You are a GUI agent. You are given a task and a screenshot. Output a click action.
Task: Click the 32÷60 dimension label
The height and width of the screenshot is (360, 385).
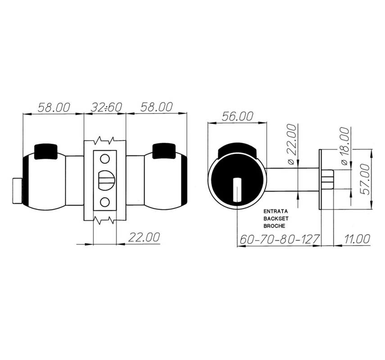(106, 107)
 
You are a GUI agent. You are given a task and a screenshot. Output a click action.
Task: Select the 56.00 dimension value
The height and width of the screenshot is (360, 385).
(237, 116)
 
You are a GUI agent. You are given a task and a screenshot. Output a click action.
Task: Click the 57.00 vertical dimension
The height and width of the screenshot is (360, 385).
(366, 179)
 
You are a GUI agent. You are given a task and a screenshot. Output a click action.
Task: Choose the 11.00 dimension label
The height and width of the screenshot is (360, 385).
(357, 239)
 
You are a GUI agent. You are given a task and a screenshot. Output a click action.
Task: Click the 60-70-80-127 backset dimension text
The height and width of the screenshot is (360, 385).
(280, 239)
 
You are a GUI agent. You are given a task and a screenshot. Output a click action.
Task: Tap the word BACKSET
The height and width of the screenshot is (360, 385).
(276, 219)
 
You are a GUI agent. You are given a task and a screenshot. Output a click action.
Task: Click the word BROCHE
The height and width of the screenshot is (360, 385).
(274, 226)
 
